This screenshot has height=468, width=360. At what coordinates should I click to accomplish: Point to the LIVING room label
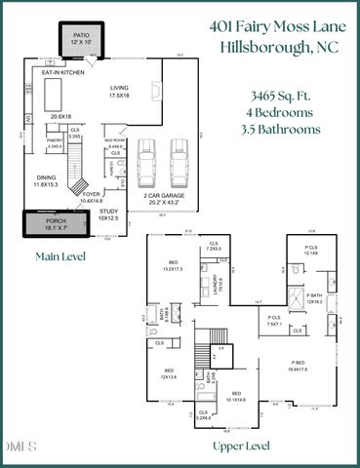coord(120,89)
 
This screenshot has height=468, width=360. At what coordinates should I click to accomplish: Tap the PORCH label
coord(57,222)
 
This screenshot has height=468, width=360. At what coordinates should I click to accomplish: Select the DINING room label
coord(47,178)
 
